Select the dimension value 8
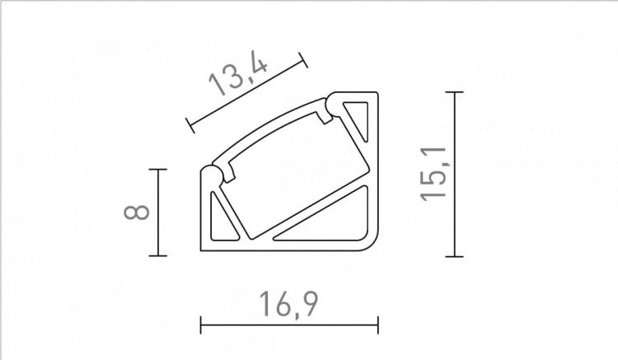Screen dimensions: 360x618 [x=138, y=212]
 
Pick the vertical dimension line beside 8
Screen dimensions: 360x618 [x=157, y=212]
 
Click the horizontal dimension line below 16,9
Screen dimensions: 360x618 [x=288, y=323]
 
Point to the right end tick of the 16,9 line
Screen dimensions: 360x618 [x=377, y=323]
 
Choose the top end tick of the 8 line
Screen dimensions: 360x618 [x=157, y=170]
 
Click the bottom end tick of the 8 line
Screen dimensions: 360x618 [x=157, y=255]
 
